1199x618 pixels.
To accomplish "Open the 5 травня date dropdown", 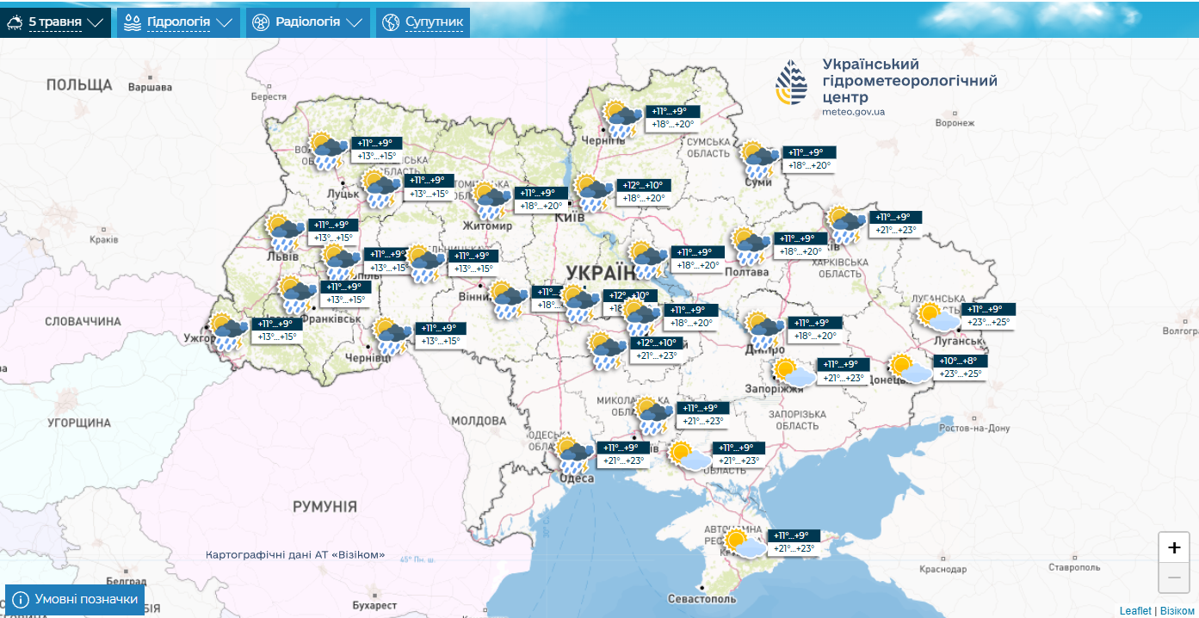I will pos(57,22).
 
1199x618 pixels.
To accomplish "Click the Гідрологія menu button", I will pos(179,22).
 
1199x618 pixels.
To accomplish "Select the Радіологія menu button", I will pos(307,22).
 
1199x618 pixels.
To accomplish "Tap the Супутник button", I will pos(423,22).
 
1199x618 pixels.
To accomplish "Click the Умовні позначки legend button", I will pos(75,599).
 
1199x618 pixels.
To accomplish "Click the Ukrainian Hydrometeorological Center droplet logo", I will pos(792,83).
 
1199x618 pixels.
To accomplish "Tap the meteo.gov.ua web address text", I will pos(853,112).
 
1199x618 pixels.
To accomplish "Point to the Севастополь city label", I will pos(702,598).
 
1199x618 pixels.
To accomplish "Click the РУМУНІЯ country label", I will pos(324,506).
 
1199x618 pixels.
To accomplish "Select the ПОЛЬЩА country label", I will pos(79,84).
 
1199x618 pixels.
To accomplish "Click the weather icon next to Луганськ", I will pos(938,316).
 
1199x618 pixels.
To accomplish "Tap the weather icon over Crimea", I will pos(744,543).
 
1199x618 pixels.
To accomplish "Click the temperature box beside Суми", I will pos(809,158).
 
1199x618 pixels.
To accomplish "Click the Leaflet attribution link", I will pos(1134,610).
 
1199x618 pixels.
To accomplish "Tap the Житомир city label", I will pos(487,226).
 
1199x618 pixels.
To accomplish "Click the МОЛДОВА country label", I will pos(479,421).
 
